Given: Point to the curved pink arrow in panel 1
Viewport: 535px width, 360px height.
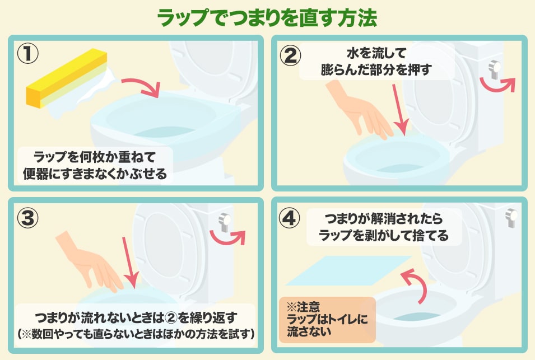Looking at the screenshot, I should click(x=141, y=85).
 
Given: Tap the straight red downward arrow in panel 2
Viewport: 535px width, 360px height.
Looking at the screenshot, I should click(x=399, y=109).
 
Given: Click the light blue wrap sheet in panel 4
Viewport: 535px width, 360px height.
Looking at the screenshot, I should click(x=352, y=270).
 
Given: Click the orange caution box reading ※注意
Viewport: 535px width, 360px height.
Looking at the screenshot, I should click(x=327, y=319).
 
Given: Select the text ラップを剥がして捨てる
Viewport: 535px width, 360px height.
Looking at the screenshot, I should click(x=384, y=236).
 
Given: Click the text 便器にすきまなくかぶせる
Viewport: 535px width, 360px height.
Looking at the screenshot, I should click(x=95, y=174).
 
